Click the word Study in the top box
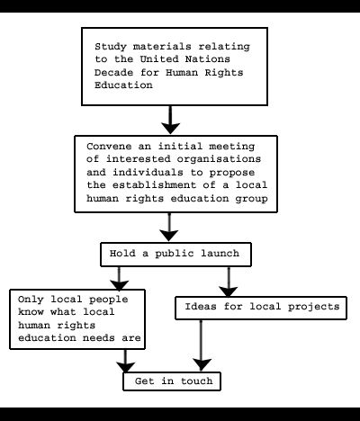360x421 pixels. [111, 47]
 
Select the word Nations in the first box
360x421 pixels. [208, 59]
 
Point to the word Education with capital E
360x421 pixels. [123, 85]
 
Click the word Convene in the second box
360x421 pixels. [109, 147]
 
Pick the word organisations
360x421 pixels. [219, 159]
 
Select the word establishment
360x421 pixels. [154, 185]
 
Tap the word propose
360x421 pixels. [232, 173]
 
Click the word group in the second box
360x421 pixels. [251, 199]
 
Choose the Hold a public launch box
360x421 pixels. [175, 255]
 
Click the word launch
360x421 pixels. [220, 254]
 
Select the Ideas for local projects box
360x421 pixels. [261, 308]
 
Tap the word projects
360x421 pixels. [314, 307]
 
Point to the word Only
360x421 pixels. [31, 300]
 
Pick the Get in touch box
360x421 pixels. [172, 381]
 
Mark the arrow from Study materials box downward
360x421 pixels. [170, 120]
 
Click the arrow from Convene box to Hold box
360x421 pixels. [169, 227]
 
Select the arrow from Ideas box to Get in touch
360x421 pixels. [201, 345]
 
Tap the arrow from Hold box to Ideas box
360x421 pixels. [229, 282]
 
